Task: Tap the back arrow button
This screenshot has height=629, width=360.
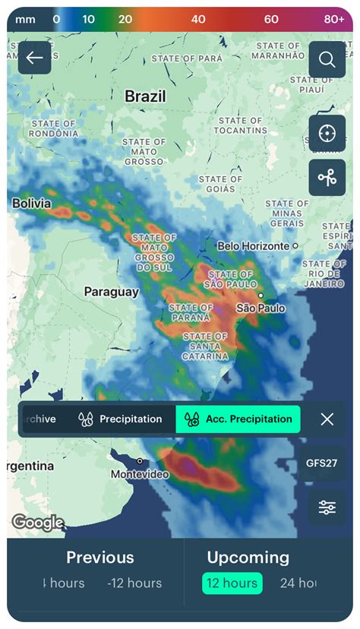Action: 34,58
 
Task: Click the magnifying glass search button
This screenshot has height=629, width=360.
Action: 327,59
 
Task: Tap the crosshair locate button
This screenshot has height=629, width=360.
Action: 327,134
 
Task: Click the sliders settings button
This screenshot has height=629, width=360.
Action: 327,507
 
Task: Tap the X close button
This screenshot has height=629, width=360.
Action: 327,419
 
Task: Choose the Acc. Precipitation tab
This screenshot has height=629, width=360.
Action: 238,419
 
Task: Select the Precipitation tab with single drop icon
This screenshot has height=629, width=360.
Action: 121,419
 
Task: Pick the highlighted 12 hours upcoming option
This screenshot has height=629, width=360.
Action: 232,583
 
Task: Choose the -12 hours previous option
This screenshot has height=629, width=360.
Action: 134,583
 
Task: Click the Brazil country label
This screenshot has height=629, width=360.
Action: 145,96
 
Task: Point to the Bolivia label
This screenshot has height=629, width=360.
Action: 32,204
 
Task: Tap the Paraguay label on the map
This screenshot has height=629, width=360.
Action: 111,292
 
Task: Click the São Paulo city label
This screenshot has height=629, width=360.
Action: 261,308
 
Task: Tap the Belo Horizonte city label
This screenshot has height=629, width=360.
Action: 253,246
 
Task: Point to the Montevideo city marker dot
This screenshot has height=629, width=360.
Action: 140,461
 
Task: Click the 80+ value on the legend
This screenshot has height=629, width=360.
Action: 334,19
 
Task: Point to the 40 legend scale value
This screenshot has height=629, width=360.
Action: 198,19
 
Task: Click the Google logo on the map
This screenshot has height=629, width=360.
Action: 37,523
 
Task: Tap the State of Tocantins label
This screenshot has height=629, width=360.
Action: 240,125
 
